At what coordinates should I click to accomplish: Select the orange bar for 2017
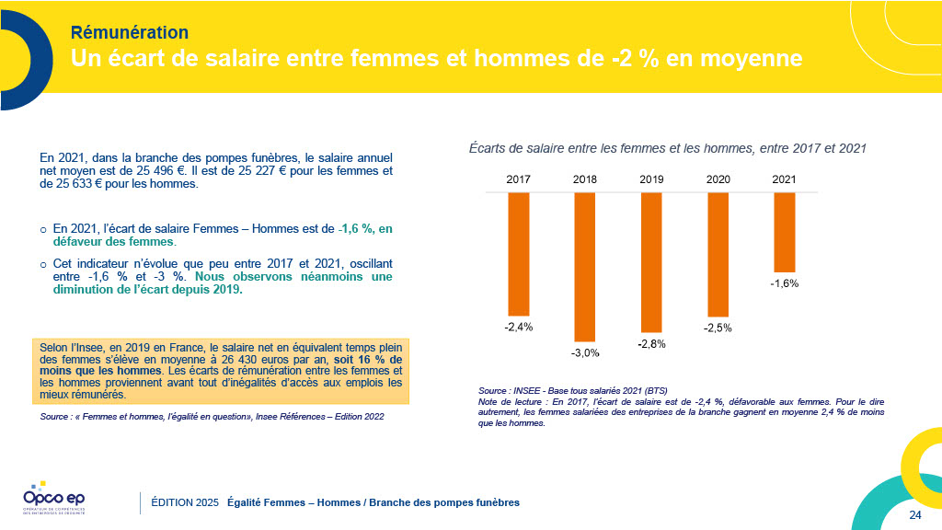click(x=519, y=253)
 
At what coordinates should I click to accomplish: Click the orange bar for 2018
click(x=585, y=267)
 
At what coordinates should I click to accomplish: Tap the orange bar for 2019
click(x=651, y=262)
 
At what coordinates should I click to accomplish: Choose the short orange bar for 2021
click(x=784, y=232)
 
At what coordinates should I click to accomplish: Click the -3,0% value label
click(x=585, y=352)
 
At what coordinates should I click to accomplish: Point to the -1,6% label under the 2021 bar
click(x=784, y=283)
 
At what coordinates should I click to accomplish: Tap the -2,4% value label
click(x=519, y=327)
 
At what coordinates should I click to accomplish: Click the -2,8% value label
click(x=651, y=343)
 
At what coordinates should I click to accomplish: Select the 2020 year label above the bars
click(x=718, y=179)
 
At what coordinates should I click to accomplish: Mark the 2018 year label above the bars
click(x=585, y=179)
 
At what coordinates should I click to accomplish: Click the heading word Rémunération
click(x=130, y=34)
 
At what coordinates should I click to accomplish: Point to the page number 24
click(x=914, y=514)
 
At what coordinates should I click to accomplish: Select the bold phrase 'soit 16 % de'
click(x=368, y=359)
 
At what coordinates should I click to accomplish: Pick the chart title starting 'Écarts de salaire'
click(x=668, y=147)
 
